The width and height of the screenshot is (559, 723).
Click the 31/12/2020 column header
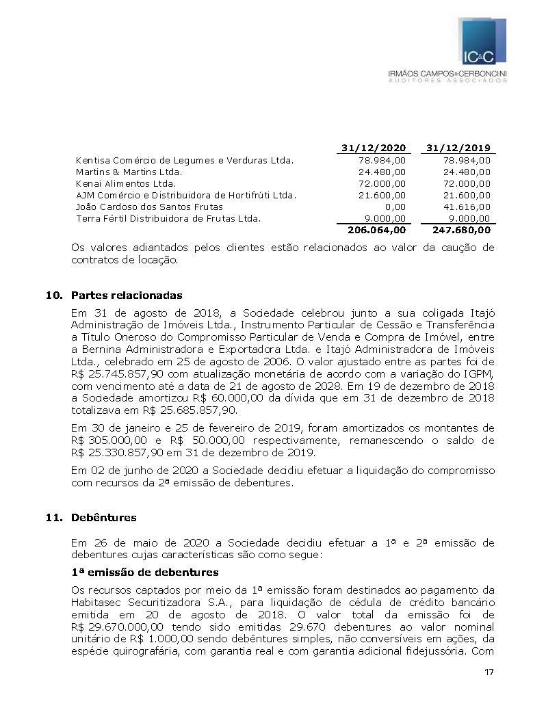tap(374, 148)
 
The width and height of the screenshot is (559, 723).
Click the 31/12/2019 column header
tap(458, 148)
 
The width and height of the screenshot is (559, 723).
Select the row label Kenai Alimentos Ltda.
tap(126, 183)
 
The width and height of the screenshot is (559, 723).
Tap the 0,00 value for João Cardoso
tap(395, 207)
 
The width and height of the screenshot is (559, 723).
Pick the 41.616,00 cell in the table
tap(467, 207)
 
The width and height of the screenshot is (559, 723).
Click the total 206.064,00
tap(376, 231)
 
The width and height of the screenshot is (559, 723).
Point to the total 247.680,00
tap(462, 231)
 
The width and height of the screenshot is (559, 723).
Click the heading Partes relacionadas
tap(127, 295)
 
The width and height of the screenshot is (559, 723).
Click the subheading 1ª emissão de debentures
tap(144, 572)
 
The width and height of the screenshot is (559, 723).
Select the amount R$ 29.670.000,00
tap(117, 627)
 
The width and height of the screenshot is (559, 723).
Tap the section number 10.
tap(51, 295)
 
